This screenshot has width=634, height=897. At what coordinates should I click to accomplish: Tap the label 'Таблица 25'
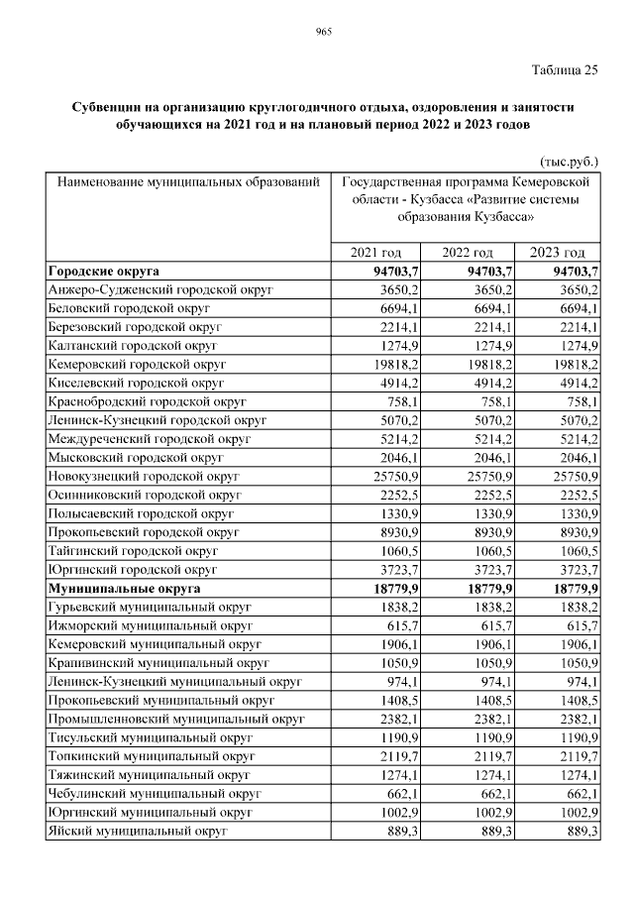pos(565,68)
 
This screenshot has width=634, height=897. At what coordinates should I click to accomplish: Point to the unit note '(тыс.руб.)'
pos(570,160)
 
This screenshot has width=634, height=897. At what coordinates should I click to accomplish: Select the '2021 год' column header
pos(377,253)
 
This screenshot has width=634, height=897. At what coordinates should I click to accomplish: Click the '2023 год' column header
pos(559,253)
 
